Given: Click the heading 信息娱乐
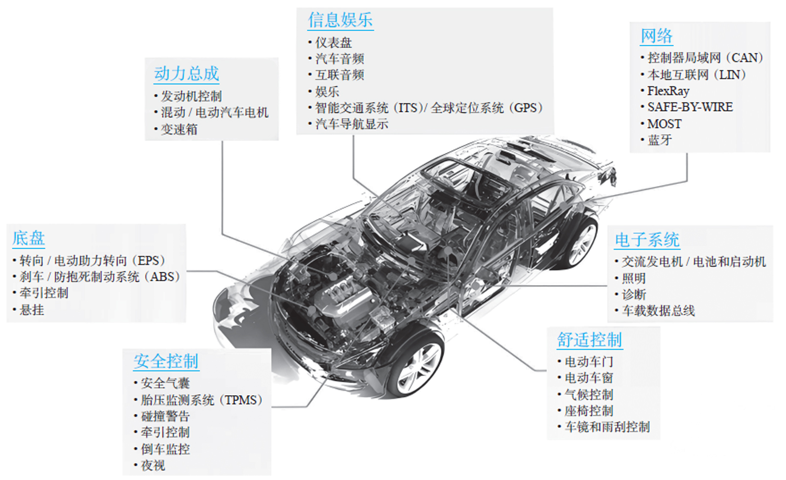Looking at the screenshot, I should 340,20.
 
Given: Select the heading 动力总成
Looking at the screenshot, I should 186,74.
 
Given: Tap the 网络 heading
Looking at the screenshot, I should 656,36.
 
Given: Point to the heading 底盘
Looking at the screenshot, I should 29,238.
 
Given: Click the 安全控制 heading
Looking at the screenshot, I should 166,361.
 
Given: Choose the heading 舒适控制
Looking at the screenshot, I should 589,340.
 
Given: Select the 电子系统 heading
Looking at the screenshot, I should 647,240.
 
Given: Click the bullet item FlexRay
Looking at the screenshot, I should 668,91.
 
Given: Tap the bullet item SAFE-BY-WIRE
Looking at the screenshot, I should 690,107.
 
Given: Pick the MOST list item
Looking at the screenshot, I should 664,124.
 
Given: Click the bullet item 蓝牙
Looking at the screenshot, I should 660,140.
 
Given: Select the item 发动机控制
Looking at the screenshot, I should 191,96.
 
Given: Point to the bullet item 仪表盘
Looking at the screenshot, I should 334,43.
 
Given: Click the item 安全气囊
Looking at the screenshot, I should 165,383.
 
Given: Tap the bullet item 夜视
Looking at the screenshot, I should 153,465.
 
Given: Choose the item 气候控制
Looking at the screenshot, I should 589,395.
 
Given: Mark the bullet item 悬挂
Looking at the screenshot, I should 32,310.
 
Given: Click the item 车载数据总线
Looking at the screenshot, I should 658,311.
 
